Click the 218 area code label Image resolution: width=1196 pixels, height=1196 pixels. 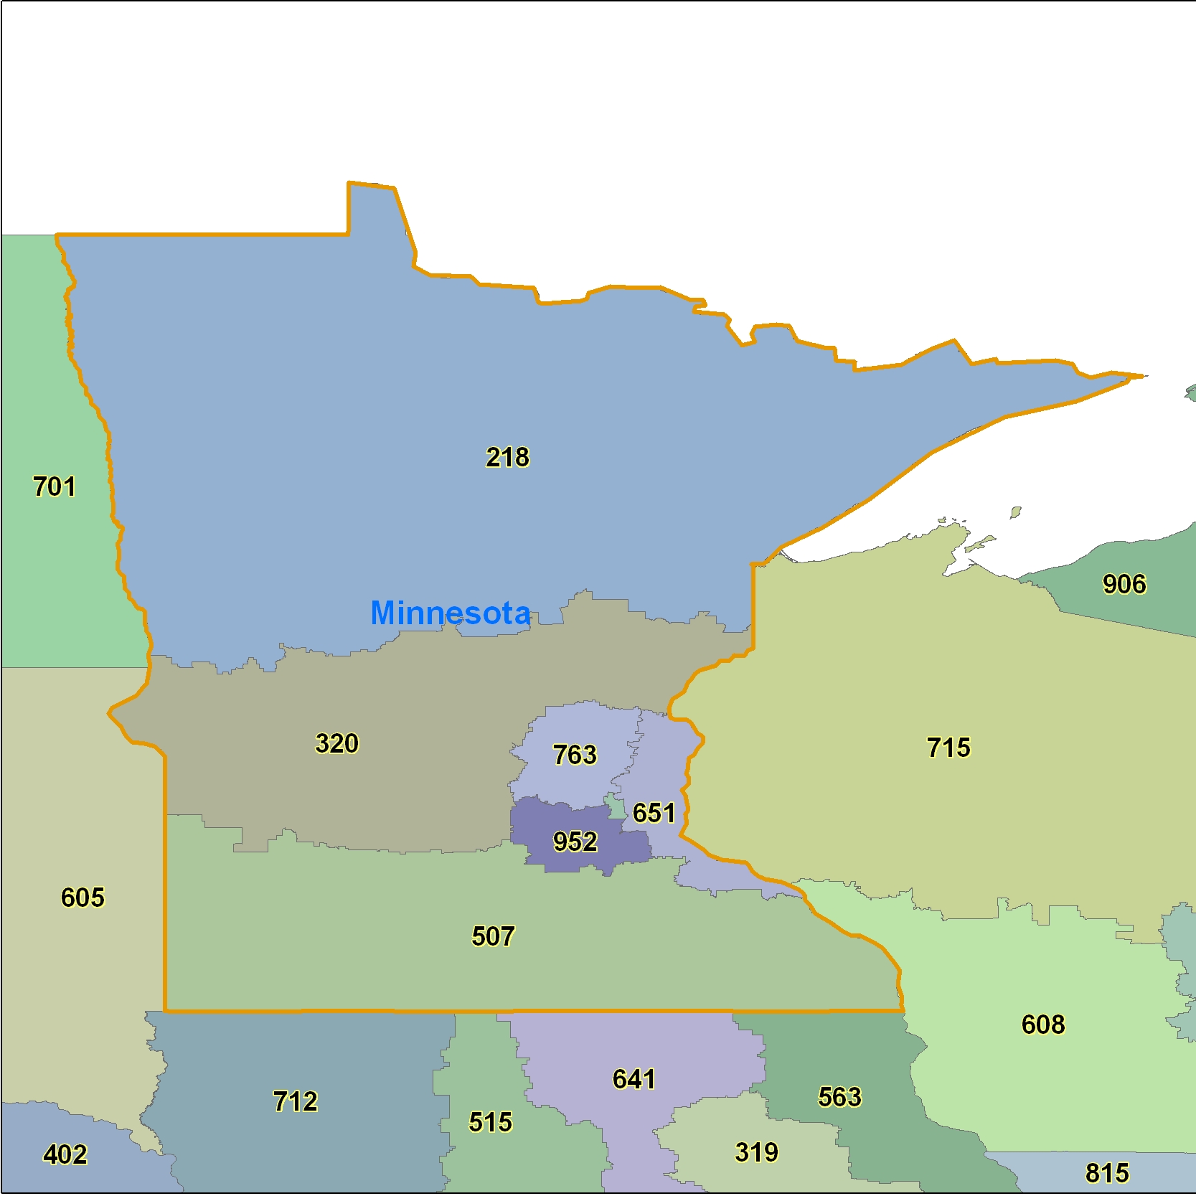coord(507,457)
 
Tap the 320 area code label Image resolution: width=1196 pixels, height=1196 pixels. coord(336,743)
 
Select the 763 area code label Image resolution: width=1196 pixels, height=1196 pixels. coord(574,754)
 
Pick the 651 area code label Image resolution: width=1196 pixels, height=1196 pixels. coord(654,813)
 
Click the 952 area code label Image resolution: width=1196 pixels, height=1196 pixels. coord(575,841)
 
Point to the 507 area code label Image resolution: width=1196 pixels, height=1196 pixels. coord(493,936)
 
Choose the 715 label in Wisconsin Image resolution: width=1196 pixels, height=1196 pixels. coord(948,748)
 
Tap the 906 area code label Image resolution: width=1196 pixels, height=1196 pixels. coord(1124,584)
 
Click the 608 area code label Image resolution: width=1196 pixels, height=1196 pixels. coord(1043,1024)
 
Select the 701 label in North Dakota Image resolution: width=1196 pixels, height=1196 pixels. coord(55,486)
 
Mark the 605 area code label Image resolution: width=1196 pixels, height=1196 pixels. coord(83,897)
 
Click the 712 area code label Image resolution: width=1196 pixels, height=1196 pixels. coord(295,1101)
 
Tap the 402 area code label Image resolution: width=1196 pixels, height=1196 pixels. coord(65,1154)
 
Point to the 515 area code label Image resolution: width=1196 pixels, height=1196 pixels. coord(491,1121)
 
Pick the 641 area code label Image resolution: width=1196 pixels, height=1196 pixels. coord(634,1079)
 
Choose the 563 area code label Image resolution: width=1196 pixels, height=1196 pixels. coord(839,1096)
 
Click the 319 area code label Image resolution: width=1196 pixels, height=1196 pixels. coord(756,1152)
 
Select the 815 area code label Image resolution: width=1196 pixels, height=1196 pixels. coord(1107,1173)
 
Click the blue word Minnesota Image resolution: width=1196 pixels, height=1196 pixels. coord(451,613)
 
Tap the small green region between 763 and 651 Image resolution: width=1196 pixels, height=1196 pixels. coord(616,807)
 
